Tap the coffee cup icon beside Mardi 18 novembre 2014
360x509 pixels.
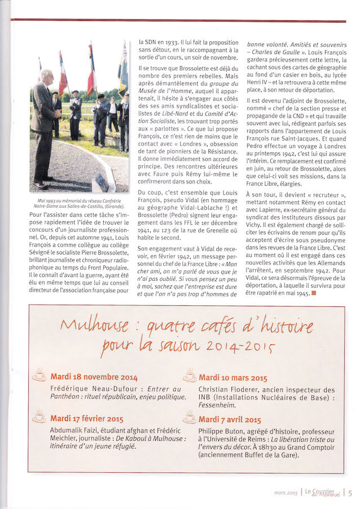pyautogui.click(x=39, y=375)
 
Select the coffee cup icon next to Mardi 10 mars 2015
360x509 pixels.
pyautogui.click(x=190, y=375)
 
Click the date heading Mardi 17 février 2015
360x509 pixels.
pyautogui.click(x=87, y=419)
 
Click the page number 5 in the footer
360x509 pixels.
pyautogui.click(x=350, y=493)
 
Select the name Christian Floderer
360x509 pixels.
pyautogui.click(x=226, y=389)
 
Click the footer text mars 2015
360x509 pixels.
pyautogui.click(x=286, y=493)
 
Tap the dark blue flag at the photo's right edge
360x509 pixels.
pyautogui.click(x=123, y=71)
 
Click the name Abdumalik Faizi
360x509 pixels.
pyautogui.click(x=70, y=430)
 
